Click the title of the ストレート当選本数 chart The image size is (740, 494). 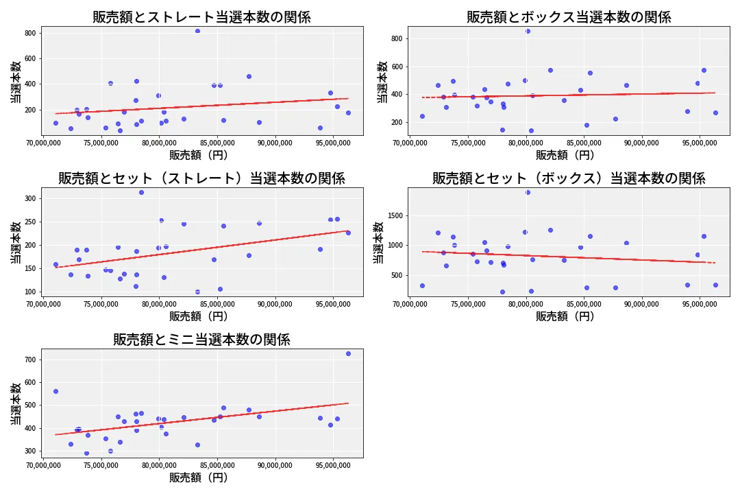(201, 17)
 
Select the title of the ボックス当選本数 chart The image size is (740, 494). (569, 17)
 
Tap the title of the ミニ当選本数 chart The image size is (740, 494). (201, 340)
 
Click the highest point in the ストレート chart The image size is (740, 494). (197, 31)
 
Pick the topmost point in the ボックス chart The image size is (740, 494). (528, 31)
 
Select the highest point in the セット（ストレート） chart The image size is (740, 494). (141, 192)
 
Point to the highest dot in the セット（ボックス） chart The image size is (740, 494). (528, 192)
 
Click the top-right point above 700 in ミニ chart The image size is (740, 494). (348, 353)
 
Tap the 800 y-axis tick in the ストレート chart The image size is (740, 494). (31, 33)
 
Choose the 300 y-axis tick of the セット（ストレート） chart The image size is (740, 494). (31, 198)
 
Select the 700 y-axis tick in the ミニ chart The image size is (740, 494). (31, 360)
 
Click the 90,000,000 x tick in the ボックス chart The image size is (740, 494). (642, 143)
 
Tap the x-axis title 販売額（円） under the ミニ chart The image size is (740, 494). (201, 478)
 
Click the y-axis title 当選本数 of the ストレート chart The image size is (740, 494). (16, 82)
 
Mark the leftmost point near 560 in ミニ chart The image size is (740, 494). (56, 391)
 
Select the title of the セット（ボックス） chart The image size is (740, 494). (569, 178)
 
